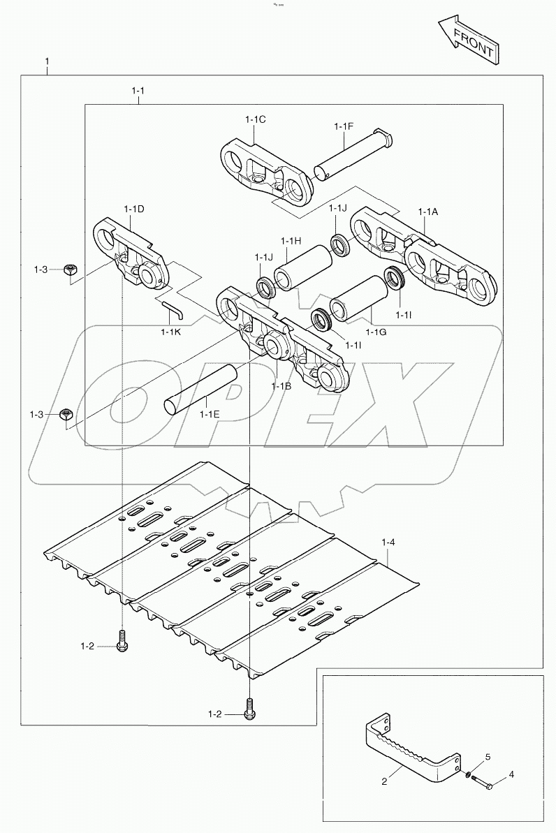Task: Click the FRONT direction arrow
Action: [467, 42]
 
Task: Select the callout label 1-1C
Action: [255, 119]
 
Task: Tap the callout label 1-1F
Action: [344, 126]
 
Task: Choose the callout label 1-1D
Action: [134, 209]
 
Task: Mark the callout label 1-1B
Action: [281, 385]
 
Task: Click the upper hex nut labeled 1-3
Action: [70, 270]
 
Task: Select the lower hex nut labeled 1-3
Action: [66, 415]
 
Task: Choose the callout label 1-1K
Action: [170, 332]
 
